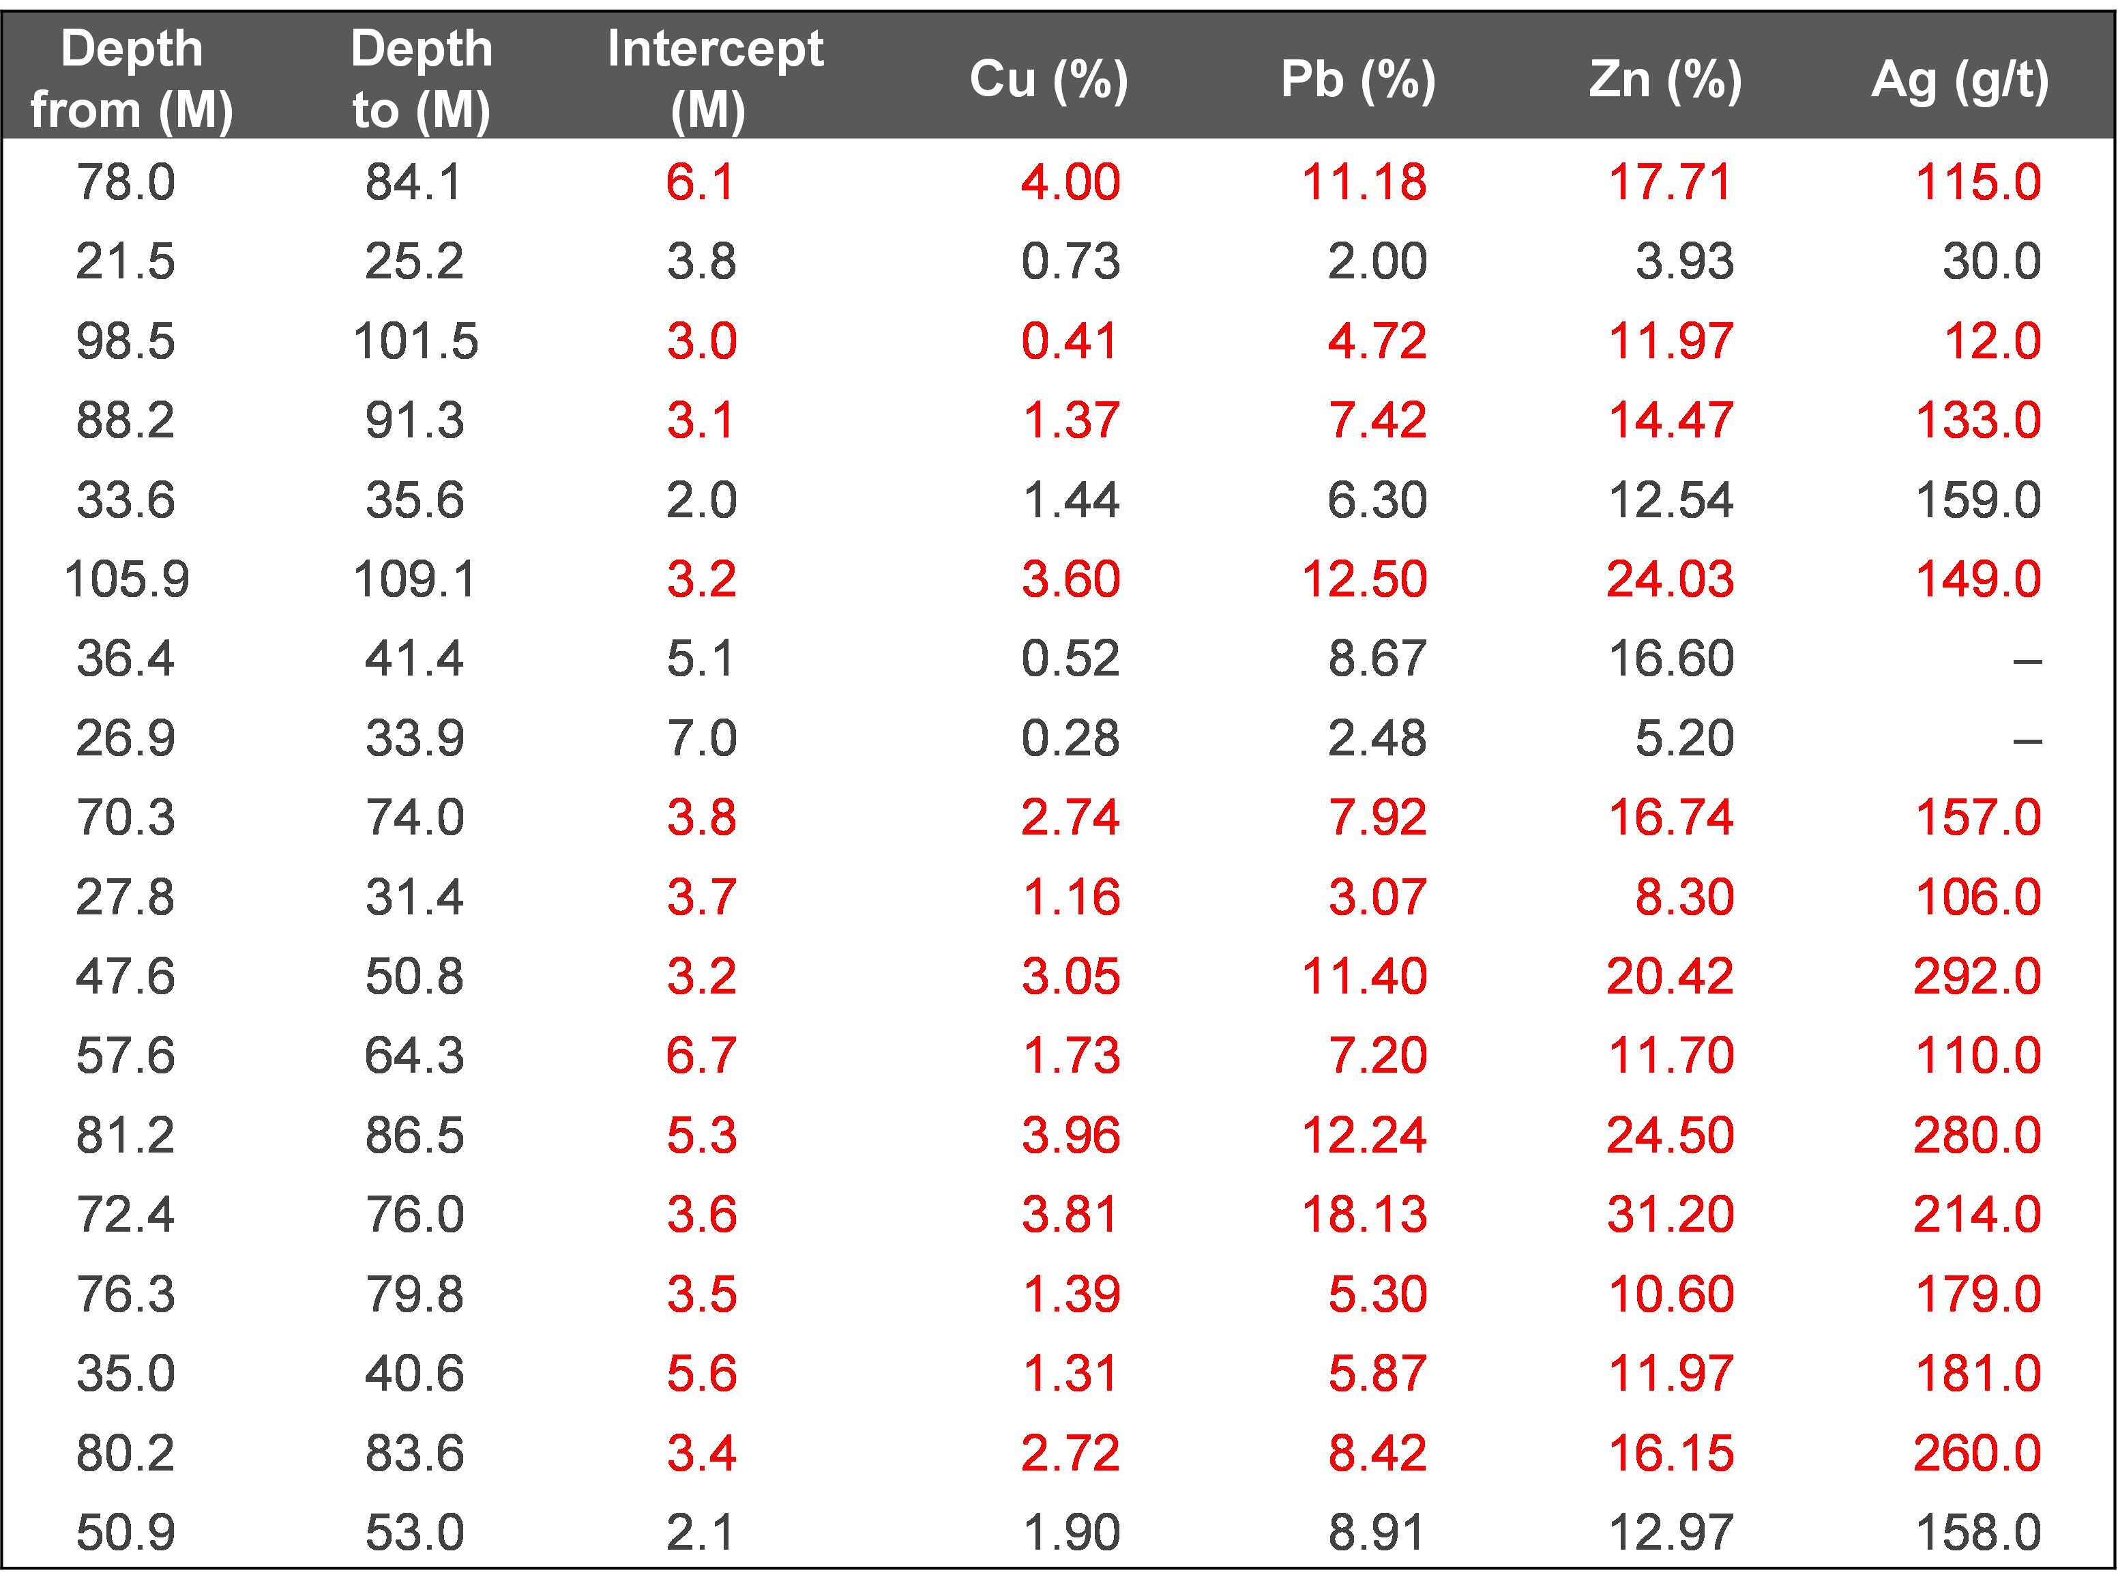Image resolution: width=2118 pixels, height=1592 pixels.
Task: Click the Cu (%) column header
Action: pyautogui.click(x=1048, y=78)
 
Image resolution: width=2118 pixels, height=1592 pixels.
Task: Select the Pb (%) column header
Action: pyautogui.click(x=1357, y=78)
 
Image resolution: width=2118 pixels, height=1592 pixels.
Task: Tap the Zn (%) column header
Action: pyautogui.click(x=1665, y=78)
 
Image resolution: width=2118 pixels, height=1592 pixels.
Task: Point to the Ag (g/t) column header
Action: pyautogui.click(x=1960, y=78)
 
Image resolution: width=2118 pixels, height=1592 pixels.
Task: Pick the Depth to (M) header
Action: pyautogui.click(x=422, y=78)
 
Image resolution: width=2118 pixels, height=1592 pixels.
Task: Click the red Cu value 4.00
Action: pyautogui.click(x=1070, y=182)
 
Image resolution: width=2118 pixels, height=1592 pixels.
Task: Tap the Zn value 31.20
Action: pyautogui.click(x=1670, y=1215)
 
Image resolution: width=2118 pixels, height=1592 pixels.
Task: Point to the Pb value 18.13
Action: pyautogui.click(x=1364, y=1215)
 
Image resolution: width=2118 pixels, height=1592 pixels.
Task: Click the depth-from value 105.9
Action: pyautogui.click(x=126, y=579)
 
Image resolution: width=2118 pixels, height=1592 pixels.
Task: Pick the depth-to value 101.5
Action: pyautogui.click(x=415, y=341)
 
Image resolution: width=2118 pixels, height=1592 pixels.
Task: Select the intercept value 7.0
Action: pyautogui.click(x=701, y=738)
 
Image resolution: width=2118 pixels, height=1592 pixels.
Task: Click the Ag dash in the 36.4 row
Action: pyautogui.click(x=2027, y=660)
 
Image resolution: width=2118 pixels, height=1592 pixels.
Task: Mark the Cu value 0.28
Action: pyautogui.click(x=1070, y=738)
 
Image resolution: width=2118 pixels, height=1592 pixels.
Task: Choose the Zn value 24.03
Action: pyautogui.click(x=1670, y=579)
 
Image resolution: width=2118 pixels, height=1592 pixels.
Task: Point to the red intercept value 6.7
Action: pyautogui.click(x=701, y=1056)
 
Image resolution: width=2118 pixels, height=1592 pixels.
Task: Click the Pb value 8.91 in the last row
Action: pyautogui.click(x=1377, y=1533)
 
